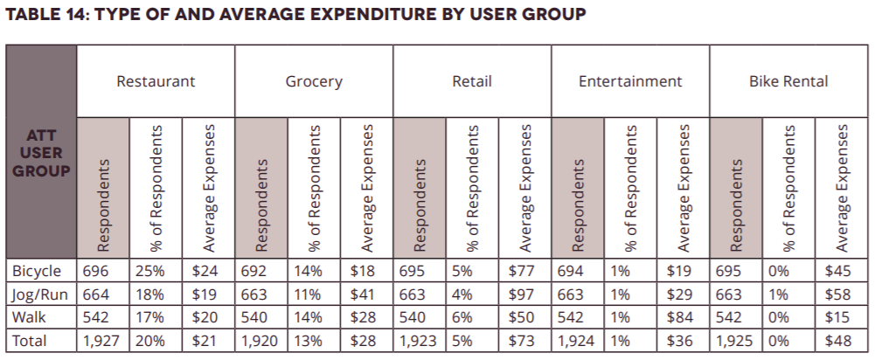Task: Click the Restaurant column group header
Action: [156, 81]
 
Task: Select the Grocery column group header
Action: [314, 81]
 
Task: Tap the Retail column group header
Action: [472, 81]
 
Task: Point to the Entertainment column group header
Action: [629, 81]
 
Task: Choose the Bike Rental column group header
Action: [788, 81]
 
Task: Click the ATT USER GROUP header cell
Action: [41, 154]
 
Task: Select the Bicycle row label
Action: [37, 272]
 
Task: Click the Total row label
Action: [30, 340]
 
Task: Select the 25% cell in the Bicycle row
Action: [147, 272]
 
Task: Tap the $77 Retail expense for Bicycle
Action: [522, 272]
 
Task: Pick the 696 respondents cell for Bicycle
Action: [95, 272]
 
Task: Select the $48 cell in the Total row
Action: [837, 340]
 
